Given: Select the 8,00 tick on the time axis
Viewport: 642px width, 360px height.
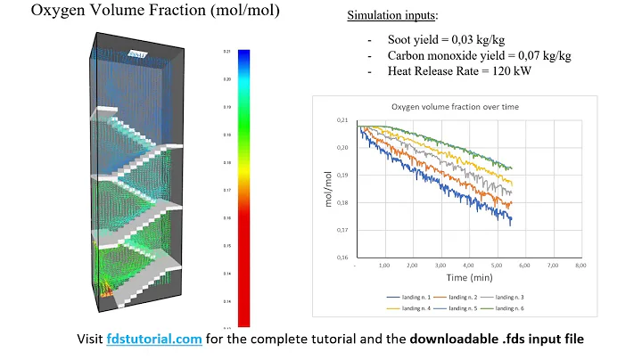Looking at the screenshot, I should pos(580,266).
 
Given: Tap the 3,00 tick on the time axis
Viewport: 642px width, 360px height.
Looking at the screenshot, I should pos(440,266).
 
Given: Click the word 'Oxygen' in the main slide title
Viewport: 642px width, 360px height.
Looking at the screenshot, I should pos(37,12).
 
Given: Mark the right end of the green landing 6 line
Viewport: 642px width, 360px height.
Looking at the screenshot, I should pos(510,168).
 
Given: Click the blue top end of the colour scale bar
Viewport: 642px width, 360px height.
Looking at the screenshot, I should pos(244,55).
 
